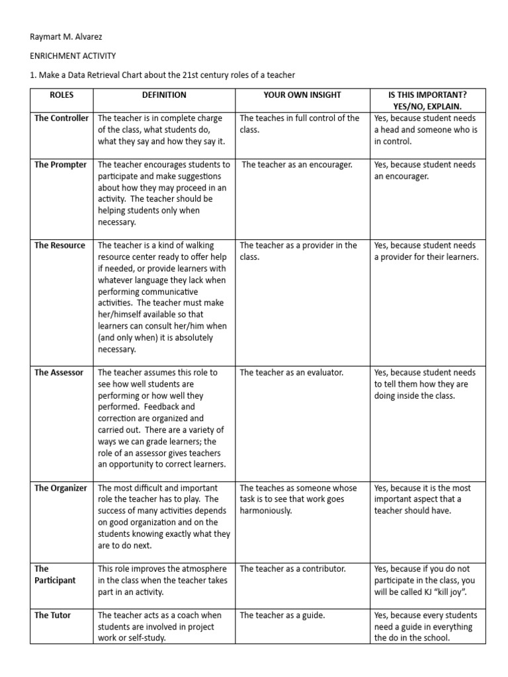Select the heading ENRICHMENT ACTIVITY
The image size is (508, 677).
pyautogui.click(x=68, y=58)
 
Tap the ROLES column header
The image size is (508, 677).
pyautogui.click(x=62, y=95)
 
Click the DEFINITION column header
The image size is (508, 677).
pyautogui.click(x=164, y=95)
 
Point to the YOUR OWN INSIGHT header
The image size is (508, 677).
pyautogui.click(x=302, y=95)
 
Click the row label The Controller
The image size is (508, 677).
pyautogui.click(x=62, y=118)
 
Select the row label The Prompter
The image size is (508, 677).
pyautogui.click(x=60, y=165)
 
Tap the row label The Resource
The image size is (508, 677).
pyautogui.click(x=60, y=245)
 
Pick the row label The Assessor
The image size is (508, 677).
pyautogui.click(x=59, y=373)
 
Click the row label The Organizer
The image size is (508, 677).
pyautogui.click(x=61, y=489)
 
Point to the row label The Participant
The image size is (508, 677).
pyautogui.click(x=55, y=575)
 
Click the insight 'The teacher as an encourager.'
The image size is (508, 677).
pyautogui.click(x=297, y=165)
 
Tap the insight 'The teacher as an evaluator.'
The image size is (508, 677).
pyautogui.click(x=292, y=373)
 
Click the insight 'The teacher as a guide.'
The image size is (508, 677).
pyautogui.click(x=282, y=616)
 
